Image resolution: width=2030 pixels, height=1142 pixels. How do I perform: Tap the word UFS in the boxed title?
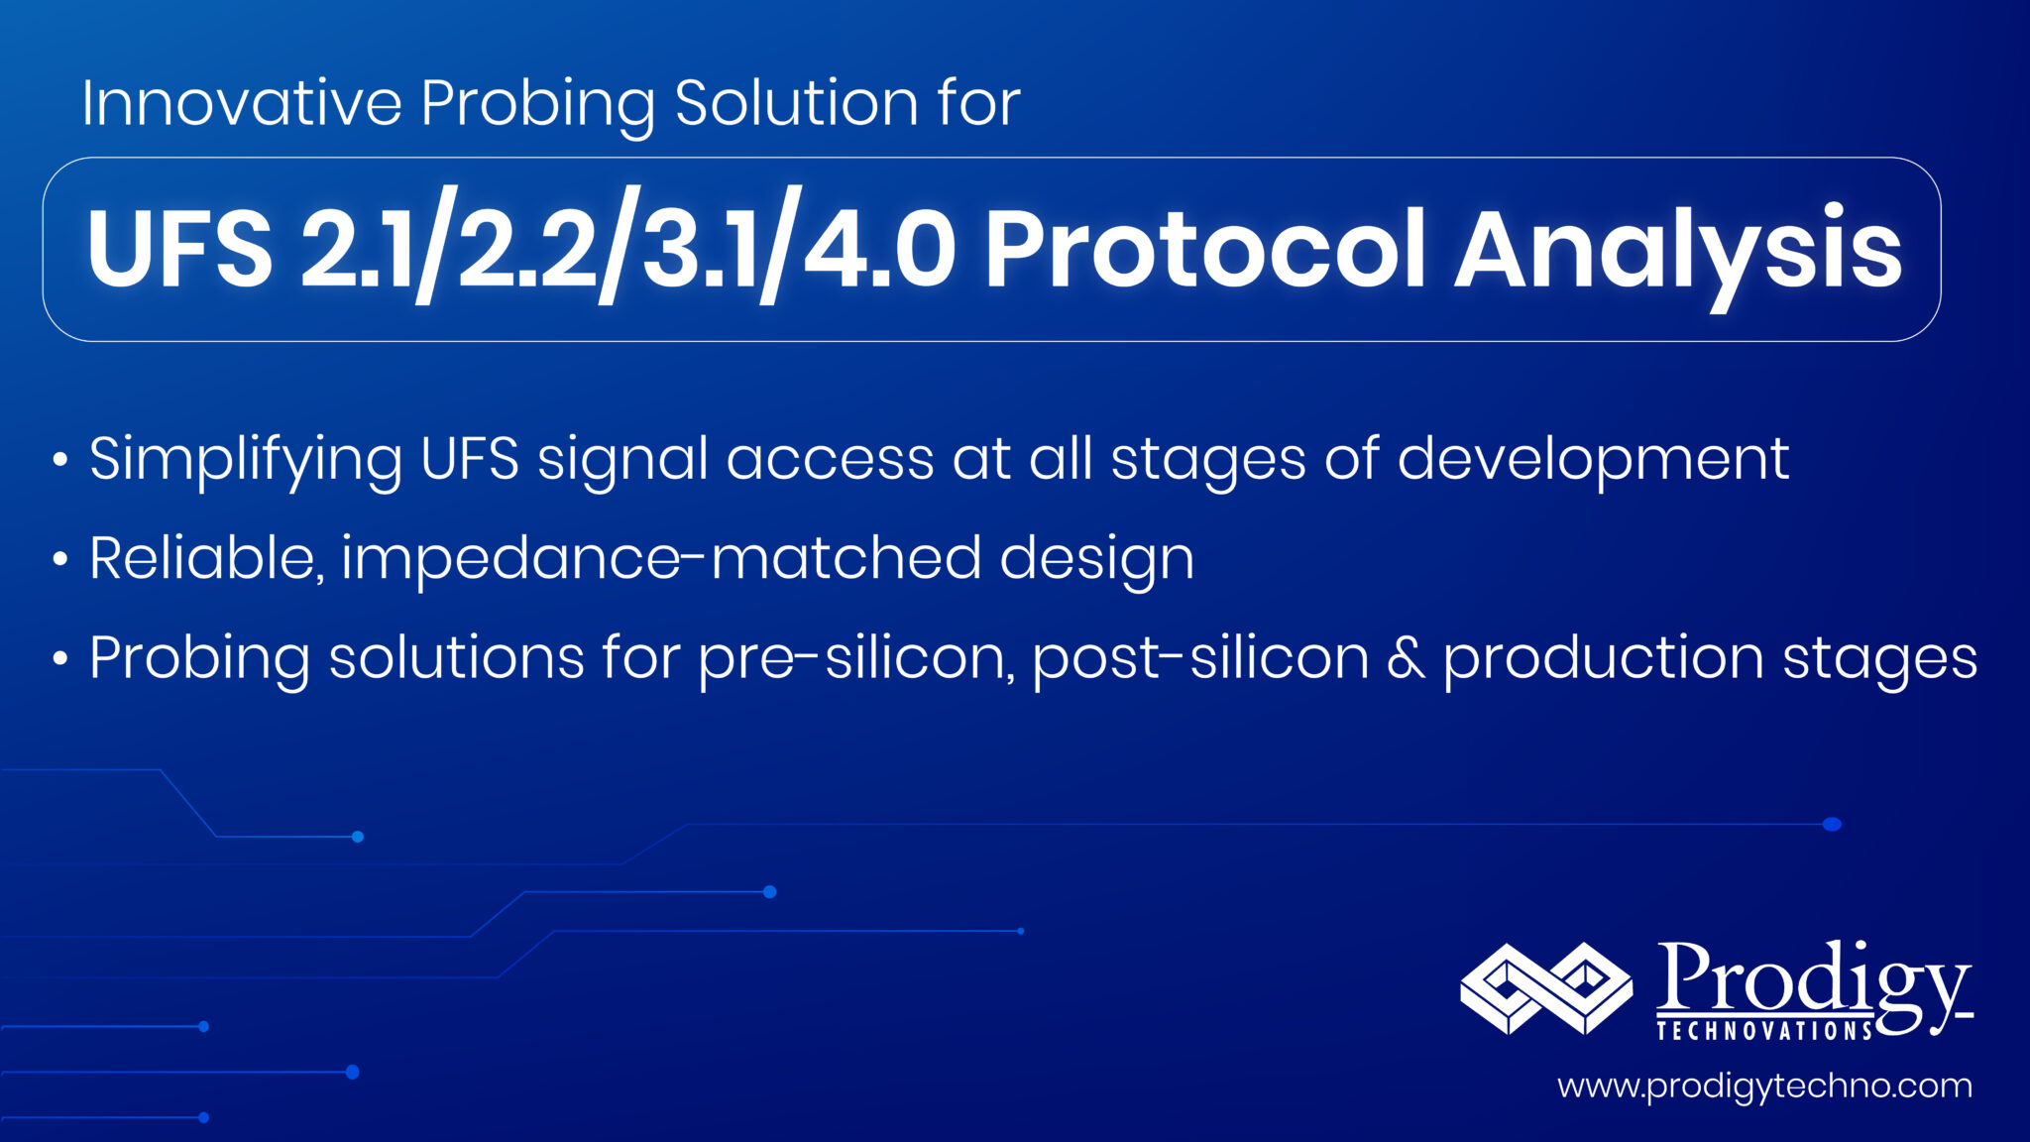179,249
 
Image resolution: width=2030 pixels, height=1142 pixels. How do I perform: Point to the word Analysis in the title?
1677,249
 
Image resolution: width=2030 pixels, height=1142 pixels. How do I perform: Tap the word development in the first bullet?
1592,460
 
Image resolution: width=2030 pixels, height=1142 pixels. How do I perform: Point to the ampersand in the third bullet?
1406,658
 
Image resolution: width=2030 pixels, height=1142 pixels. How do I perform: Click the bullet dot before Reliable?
60,560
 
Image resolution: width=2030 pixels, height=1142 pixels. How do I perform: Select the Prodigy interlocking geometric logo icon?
1546,988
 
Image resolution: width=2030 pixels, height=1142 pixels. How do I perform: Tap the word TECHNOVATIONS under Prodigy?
1764,1031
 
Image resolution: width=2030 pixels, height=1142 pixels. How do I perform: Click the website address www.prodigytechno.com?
1764,1086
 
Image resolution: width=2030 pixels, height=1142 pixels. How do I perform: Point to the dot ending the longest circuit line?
1832,824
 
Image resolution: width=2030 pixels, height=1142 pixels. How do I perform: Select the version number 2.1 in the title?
357,249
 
